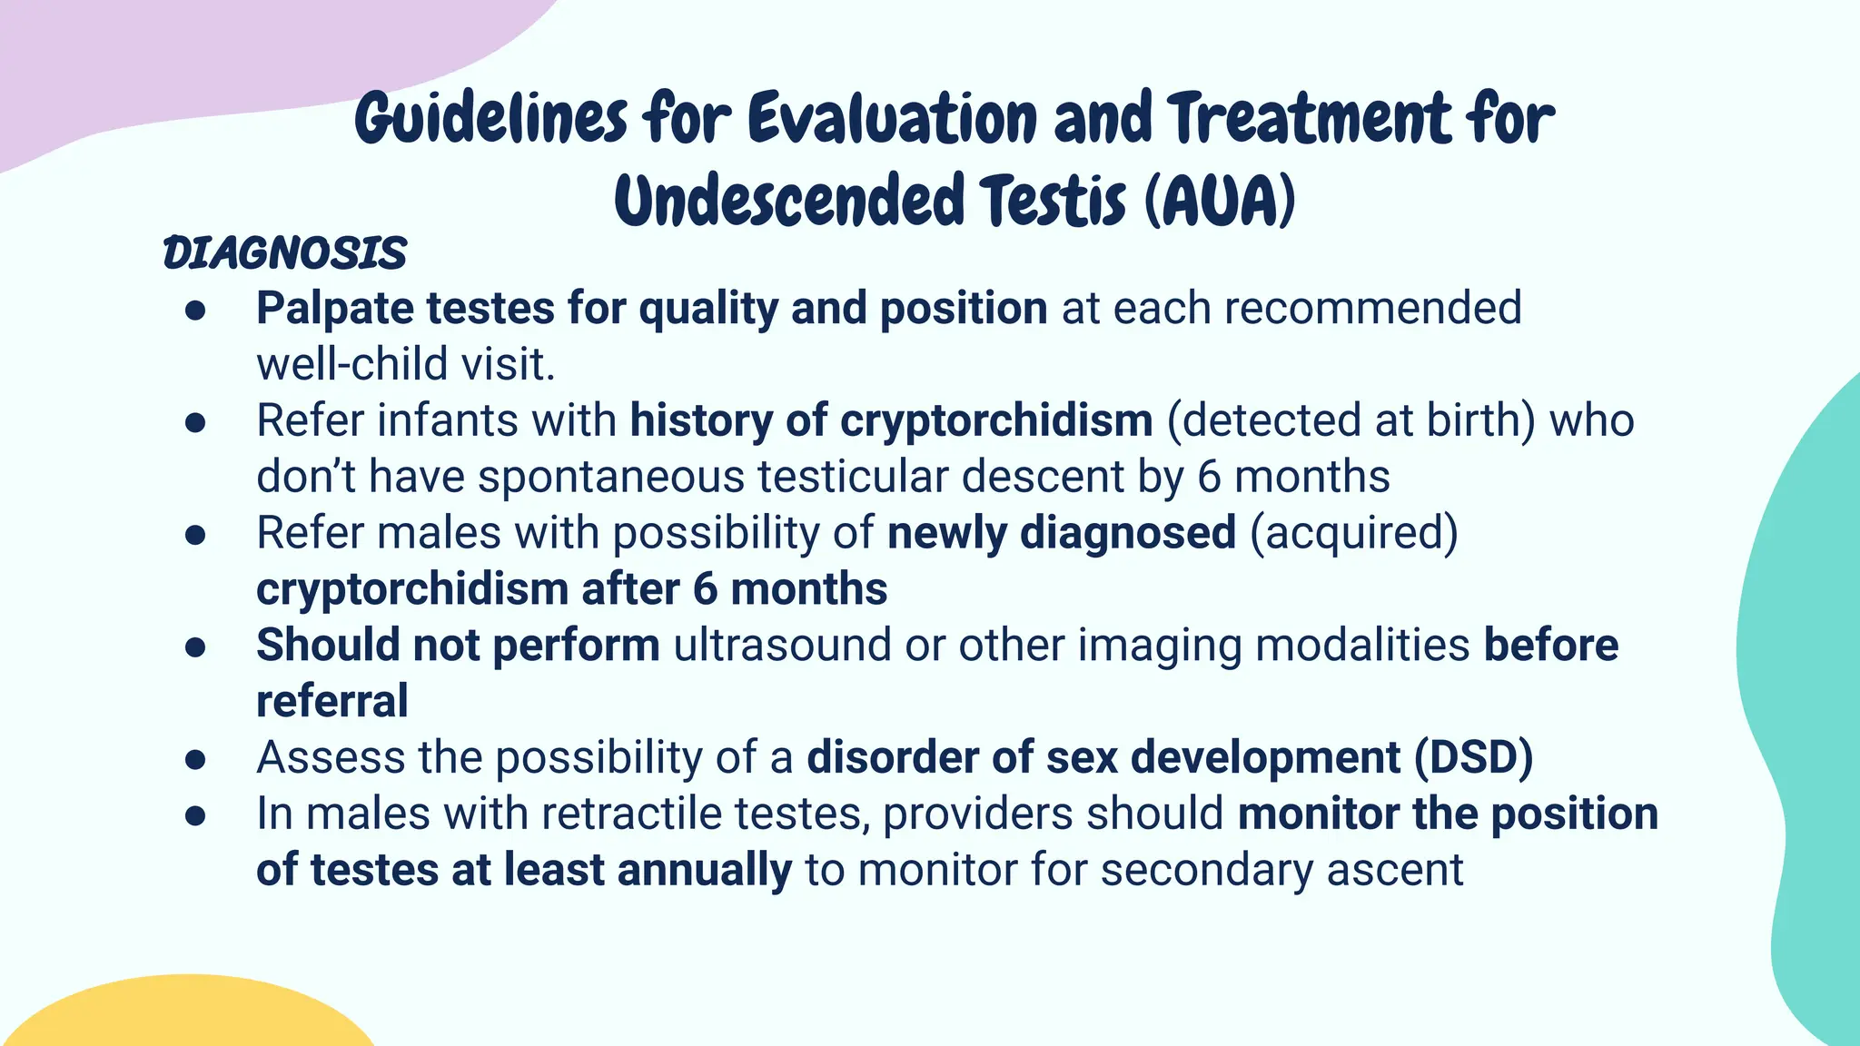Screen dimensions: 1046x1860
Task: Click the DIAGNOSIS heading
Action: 284,253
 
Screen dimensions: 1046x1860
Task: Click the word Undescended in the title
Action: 788,202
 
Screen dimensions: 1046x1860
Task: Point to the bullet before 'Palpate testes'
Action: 195,311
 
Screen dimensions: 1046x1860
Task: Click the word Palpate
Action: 334,310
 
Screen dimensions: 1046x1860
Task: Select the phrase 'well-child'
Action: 352,365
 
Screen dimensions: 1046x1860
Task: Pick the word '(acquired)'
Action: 1353,533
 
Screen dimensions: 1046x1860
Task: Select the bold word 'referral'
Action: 331,702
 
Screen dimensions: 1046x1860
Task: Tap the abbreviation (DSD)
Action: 1473,758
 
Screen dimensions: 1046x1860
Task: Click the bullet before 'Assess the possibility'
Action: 195,759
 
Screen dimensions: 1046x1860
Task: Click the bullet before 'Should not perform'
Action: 195,647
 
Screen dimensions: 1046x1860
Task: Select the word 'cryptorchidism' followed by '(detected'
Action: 995,421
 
